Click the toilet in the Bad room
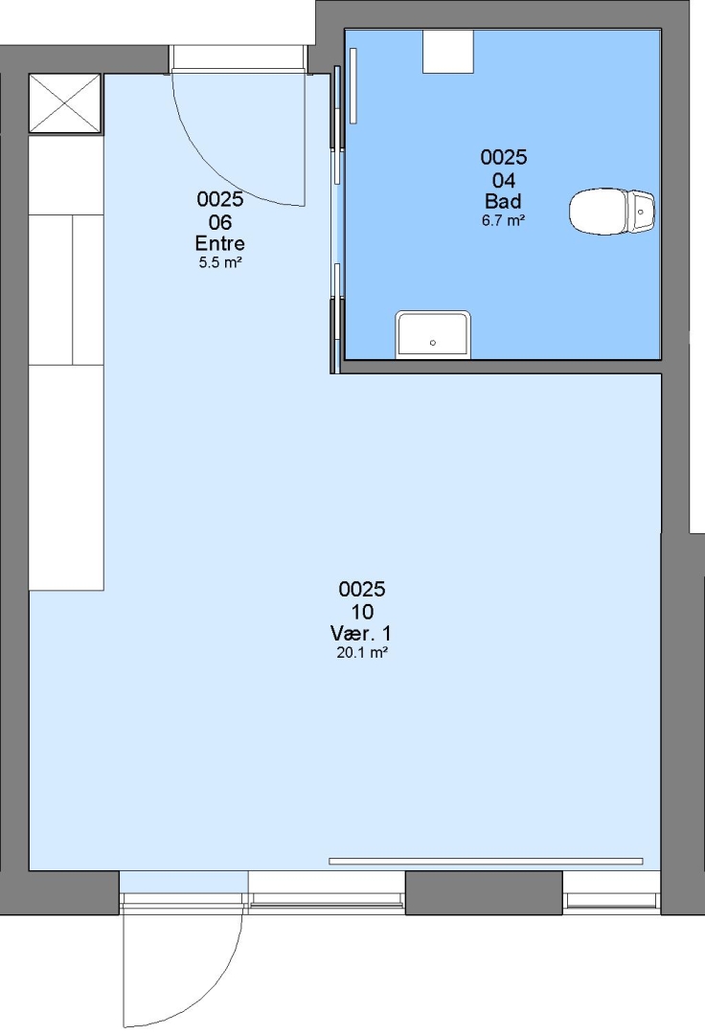611,212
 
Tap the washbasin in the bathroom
433,335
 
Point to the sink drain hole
433,343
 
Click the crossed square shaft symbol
65,103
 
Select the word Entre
219,243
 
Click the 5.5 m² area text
220,262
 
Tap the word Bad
503,201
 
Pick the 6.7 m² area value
503,220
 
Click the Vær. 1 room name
361,634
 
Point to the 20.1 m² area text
361,653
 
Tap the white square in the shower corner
447,51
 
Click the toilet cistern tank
641,212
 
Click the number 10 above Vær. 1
362,612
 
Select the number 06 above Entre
219,222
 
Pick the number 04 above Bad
503,180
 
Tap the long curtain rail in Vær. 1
486,862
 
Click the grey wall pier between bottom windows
484,892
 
